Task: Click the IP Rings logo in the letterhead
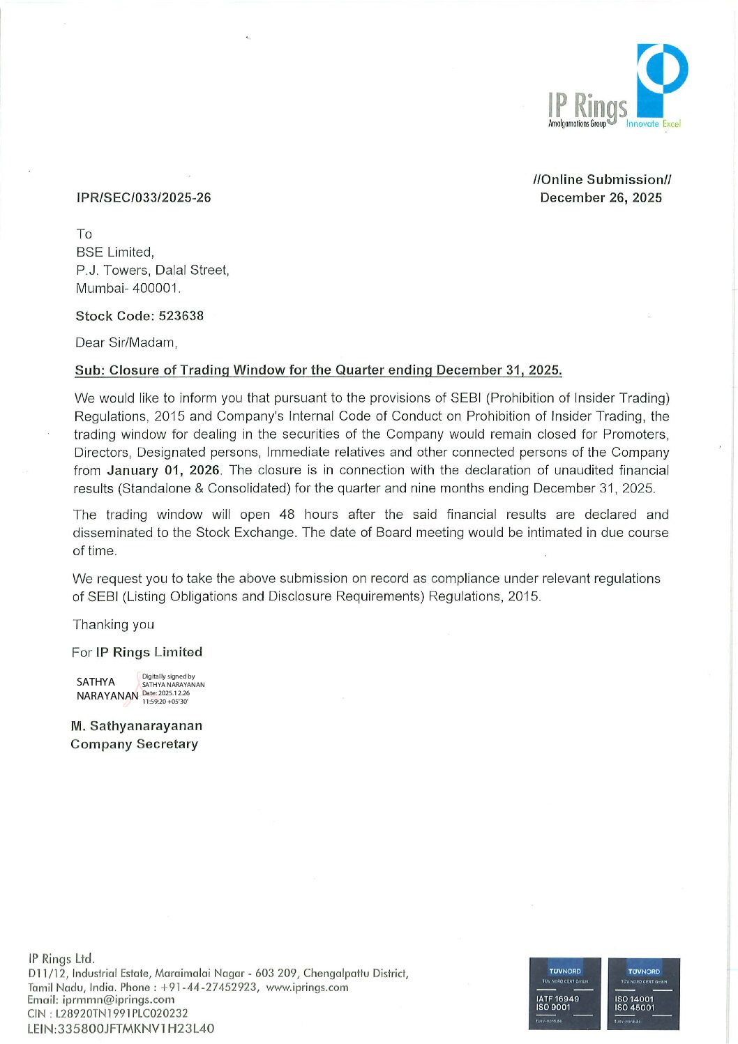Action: [x=617, y=87]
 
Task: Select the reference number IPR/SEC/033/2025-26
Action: [x=144, y=197]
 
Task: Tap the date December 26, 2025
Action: [x=601, y=197]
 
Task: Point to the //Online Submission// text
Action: [x=601, y=179]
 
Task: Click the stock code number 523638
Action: [x=181, y=316]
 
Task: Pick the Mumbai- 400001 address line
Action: [x=128, y=288]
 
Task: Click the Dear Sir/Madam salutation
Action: [x=126, y=342]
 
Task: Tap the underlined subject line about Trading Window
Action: [x=318, y=370]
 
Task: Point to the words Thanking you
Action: [x=113, y=625]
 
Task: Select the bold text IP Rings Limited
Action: [x=149, y=652]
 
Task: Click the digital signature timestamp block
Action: [x=172, y=688]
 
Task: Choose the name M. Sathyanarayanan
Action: [x=137, y=726]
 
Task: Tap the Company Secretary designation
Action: [x=134, y=744]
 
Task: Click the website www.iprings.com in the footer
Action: [x=307, y=987]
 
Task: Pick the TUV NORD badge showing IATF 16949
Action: [x=565, y=993]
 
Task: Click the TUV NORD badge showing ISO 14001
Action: [x=643, y=993]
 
